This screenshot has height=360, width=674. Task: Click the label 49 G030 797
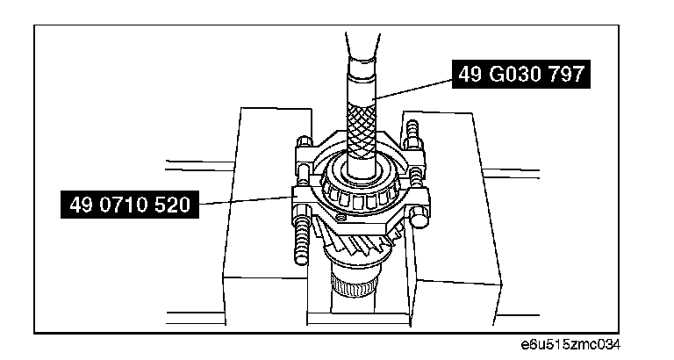coord(521,75)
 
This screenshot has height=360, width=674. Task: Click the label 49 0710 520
coord(130,205)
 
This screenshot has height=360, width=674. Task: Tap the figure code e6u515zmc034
coord(570,344)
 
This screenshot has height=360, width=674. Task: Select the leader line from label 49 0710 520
coord(246,200)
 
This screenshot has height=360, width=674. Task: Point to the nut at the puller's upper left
coord(305,142)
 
